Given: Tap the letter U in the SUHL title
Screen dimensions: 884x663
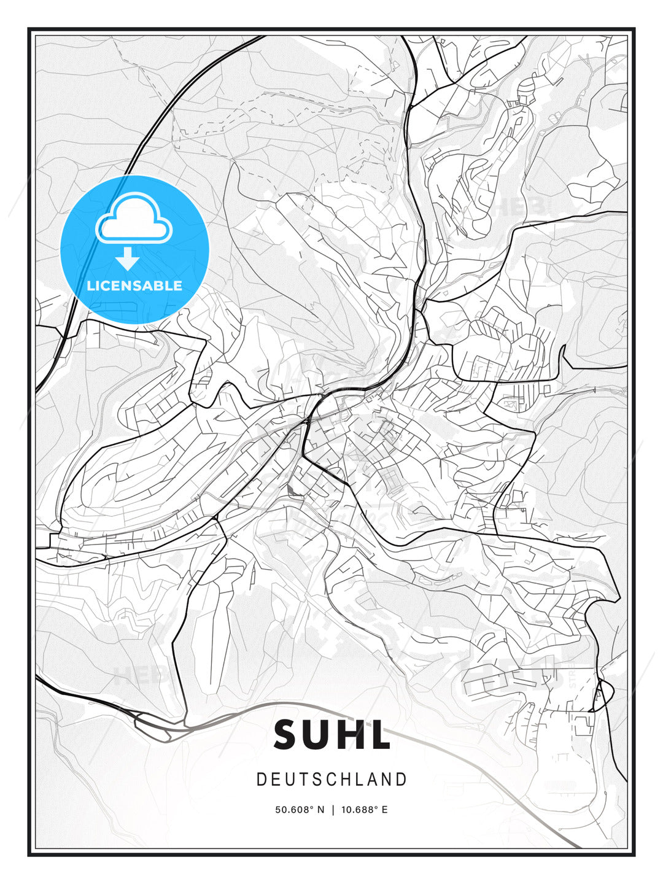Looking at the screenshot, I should [320, 735].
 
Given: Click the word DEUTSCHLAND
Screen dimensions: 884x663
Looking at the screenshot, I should [331, 780].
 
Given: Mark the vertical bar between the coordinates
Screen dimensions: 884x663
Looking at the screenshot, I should [332, 810].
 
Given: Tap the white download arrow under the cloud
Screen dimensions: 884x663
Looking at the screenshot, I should [127, 258].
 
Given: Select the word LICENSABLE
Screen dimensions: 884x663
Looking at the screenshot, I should [134, 285].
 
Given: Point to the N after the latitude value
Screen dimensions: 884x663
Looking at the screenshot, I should [320, 810].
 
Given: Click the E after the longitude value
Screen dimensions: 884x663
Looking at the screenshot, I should [385, 810].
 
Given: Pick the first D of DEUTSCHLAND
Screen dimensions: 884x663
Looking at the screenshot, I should [261, 780].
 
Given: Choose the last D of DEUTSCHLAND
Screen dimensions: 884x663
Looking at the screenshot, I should [402, 780].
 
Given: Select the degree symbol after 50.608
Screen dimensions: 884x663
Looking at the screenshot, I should [311, 807].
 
